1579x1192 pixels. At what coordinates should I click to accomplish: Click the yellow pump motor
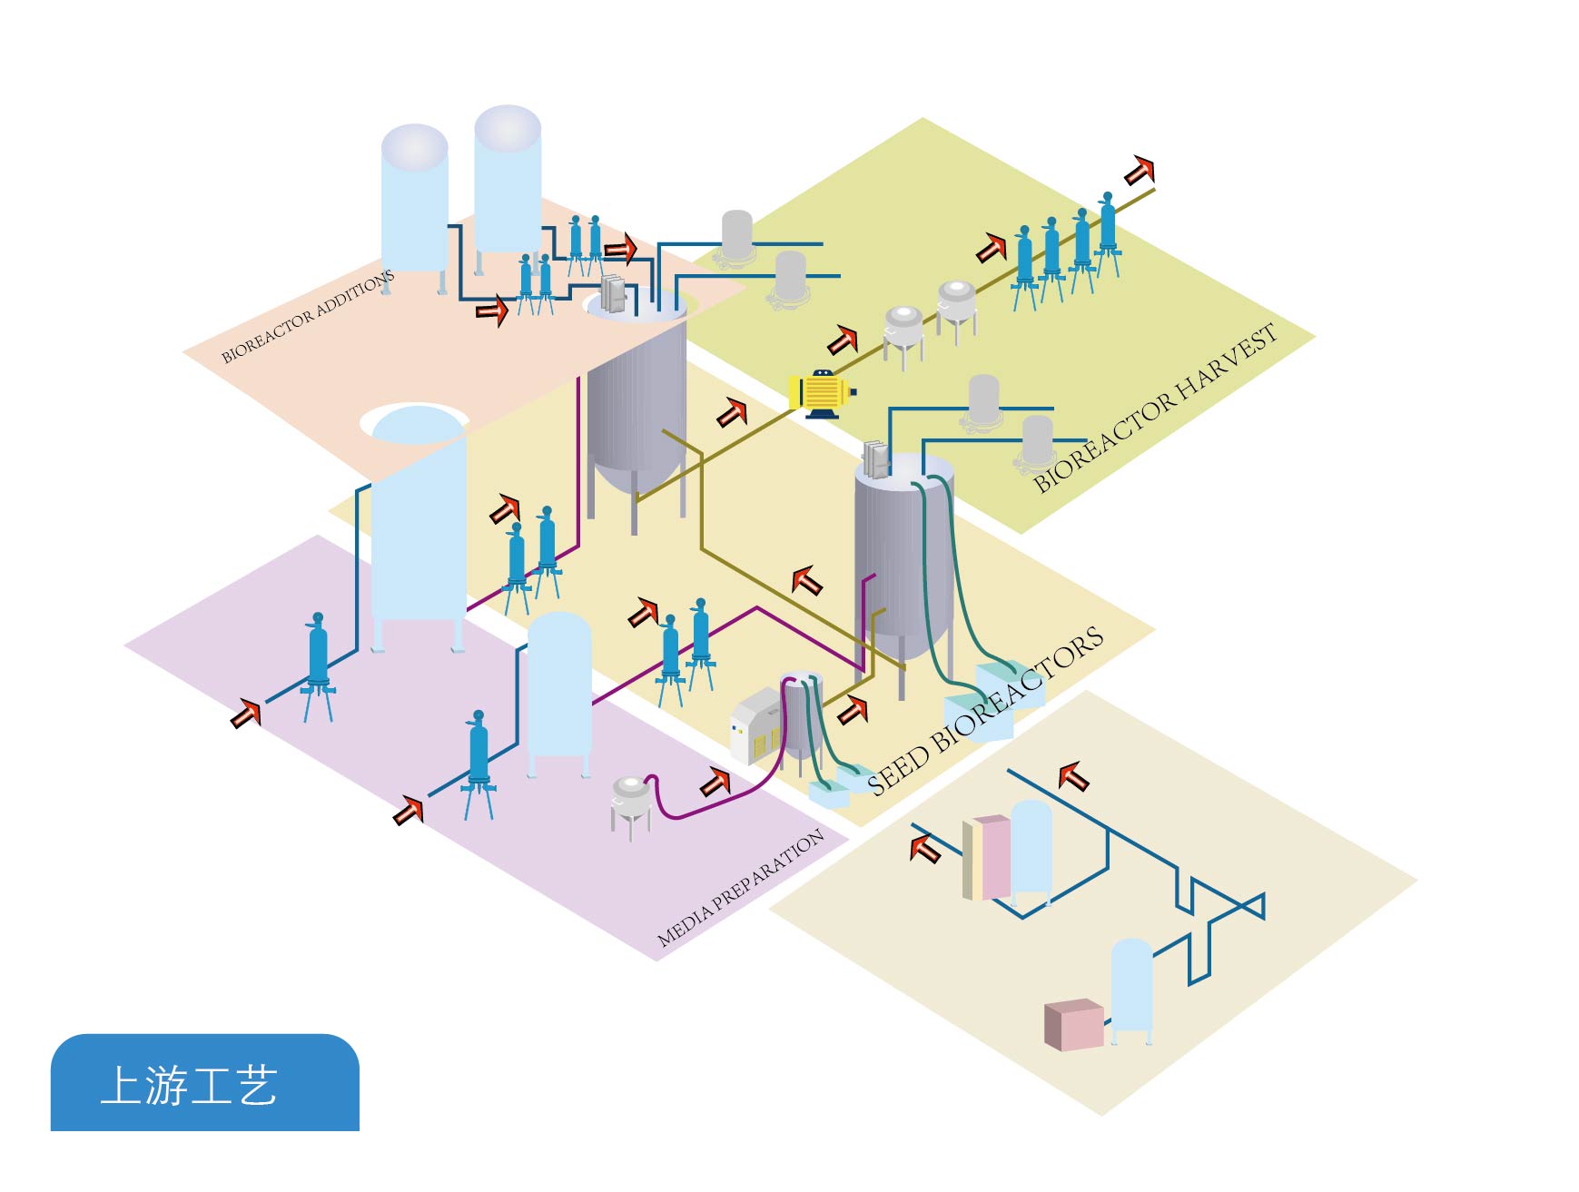(x=822, y=393)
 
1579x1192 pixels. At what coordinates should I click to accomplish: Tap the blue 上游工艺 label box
(x=205, y=1083)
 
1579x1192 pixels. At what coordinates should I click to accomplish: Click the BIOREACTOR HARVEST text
(x=1155, y=409)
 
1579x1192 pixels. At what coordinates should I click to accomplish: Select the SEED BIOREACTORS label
(x=985, y=711)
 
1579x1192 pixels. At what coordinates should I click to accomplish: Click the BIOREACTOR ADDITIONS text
(x=308, y=316)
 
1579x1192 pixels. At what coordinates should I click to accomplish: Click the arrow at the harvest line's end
(x=1140, y=171)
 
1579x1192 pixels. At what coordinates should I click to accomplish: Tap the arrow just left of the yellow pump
(x=732, y=413)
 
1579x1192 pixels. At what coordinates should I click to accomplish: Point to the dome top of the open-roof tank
(x=415, y=424)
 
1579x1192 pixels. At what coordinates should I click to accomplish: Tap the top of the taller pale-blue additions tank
(x=508, y=128)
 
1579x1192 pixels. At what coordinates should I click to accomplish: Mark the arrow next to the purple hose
(x=715, y=782)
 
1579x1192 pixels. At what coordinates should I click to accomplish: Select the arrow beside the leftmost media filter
(x=245, y=714)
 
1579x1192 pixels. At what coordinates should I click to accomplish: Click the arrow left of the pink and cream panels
(x=925, y=849)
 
